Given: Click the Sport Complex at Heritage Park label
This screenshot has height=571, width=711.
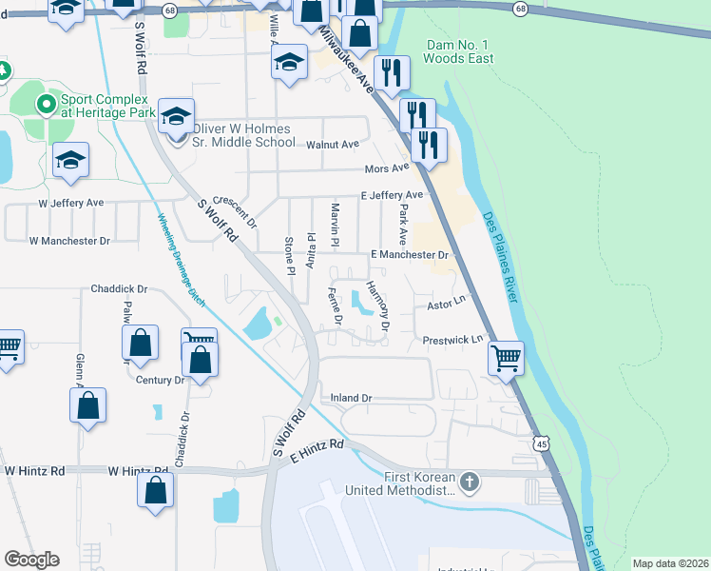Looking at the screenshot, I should tap(103, 105).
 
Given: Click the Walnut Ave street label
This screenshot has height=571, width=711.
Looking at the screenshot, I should tap(333, 144).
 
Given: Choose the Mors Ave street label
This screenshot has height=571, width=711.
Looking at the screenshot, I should tap(387, 169).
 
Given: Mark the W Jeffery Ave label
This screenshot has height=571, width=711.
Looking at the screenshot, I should tap(70, 203).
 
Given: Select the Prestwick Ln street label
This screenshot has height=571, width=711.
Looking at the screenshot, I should tap(452, 339).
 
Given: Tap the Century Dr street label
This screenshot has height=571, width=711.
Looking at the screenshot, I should tap(160, 380).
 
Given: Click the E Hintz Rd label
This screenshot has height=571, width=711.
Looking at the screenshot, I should tap(317, 458).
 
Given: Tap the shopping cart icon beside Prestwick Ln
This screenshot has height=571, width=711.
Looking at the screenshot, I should tap(506, 359).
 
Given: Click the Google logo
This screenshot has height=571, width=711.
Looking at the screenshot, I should tap(31, 559).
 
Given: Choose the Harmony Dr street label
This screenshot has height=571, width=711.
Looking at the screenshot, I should tap(378, 306).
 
